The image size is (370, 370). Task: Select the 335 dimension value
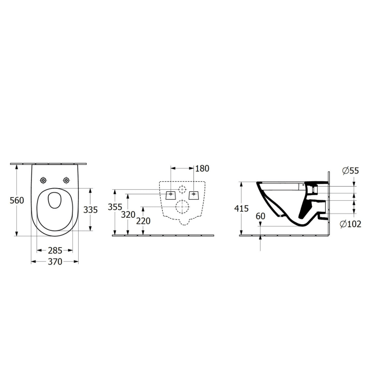click(91, 210)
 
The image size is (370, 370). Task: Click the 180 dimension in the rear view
click(202, 169)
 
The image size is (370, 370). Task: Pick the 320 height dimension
click(128, 215)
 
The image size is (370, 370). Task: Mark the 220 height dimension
click(143, 221)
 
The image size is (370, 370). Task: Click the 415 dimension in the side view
click(241, 208)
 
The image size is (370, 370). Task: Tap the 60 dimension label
click(260, 216)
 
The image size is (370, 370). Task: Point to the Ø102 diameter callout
click(350, 224)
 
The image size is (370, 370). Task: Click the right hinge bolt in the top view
click(67, 180)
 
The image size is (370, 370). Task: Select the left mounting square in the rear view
click(170, 193)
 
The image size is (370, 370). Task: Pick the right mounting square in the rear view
click(194, 193)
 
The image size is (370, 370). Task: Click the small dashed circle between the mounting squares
click(182, 190)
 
